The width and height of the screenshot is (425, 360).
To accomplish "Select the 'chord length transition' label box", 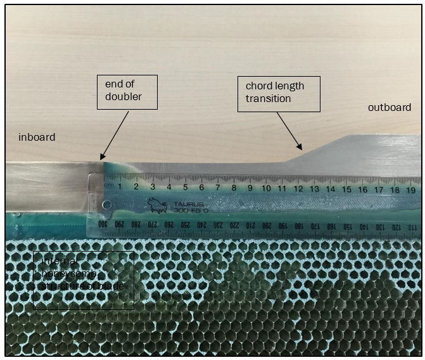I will (x=279, y=94).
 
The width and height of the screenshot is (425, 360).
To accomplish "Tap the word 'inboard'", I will (x=37, y=137).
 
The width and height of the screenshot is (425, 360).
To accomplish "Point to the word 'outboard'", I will (x=390, y=108).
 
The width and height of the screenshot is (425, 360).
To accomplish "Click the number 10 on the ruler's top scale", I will (x=266, y=188).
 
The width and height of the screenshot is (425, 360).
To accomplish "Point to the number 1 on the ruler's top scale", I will (x=120, y=186).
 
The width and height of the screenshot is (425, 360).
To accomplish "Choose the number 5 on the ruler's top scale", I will (x=185, y=187).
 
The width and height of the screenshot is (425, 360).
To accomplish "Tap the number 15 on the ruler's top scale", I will (x=346, y=189).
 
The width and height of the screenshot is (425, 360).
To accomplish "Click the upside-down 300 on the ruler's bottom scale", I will (x=102, y=224).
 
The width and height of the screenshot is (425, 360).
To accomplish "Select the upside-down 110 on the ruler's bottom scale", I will (x=412, y=228).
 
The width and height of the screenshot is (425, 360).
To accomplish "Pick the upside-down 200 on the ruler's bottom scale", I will (x=266, y=226).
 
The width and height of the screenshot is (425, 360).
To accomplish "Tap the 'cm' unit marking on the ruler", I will (x=108, y=185).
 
